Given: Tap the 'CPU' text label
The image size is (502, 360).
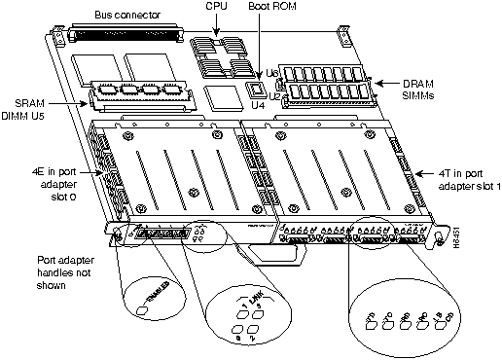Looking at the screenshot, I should point(220,7).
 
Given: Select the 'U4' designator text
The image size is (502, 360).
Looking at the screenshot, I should point(259,108).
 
